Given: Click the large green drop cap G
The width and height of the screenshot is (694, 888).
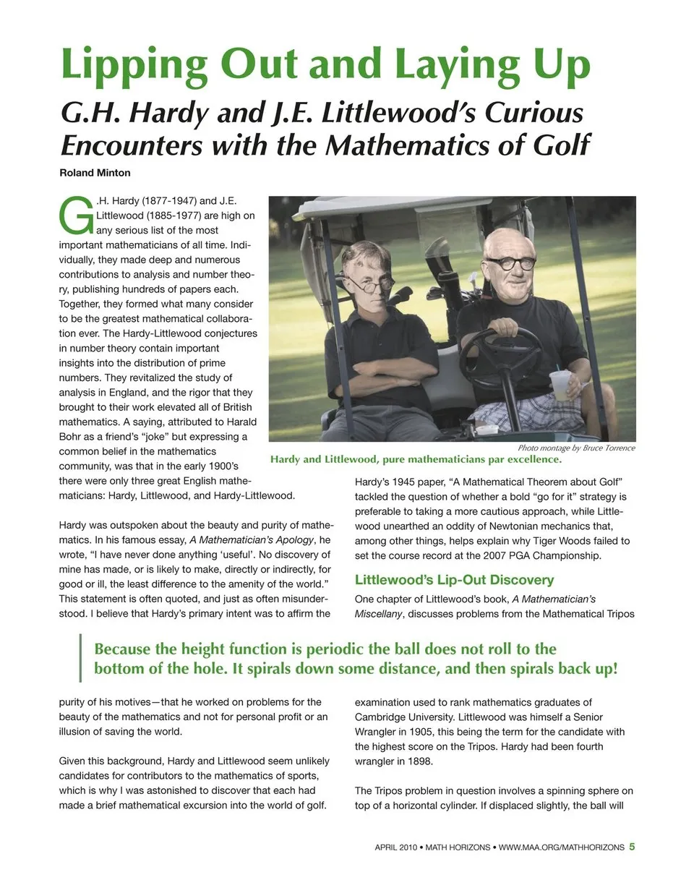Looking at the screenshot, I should point(74,215).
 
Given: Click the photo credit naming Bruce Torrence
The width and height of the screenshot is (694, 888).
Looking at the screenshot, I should point(576,448).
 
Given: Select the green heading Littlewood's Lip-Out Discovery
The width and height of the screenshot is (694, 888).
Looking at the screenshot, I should point(454,580).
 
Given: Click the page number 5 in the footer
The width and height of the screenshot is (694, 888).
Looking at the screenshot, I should point(632,847).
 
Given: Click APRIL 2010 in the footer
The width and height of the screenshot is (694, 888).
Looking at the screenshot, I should point(395,848).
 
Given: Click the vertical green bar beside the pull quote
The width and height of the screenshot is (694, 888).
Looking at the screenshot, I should point(81,658).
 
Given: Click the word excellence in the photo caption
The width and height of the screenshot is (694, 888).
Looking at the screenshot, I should point(529,460).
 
